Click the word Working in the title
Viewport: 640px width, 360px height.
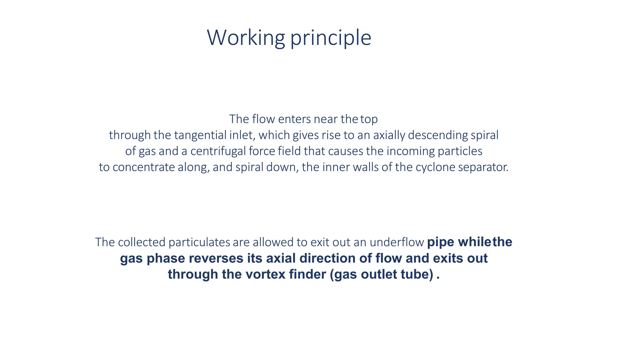[246, 37]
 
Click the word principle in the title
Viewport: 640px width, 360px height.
[331, 38]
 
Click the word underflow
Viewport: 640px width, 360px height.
[397, 242]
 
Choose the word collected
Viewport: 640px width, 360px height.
[142, 242]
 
